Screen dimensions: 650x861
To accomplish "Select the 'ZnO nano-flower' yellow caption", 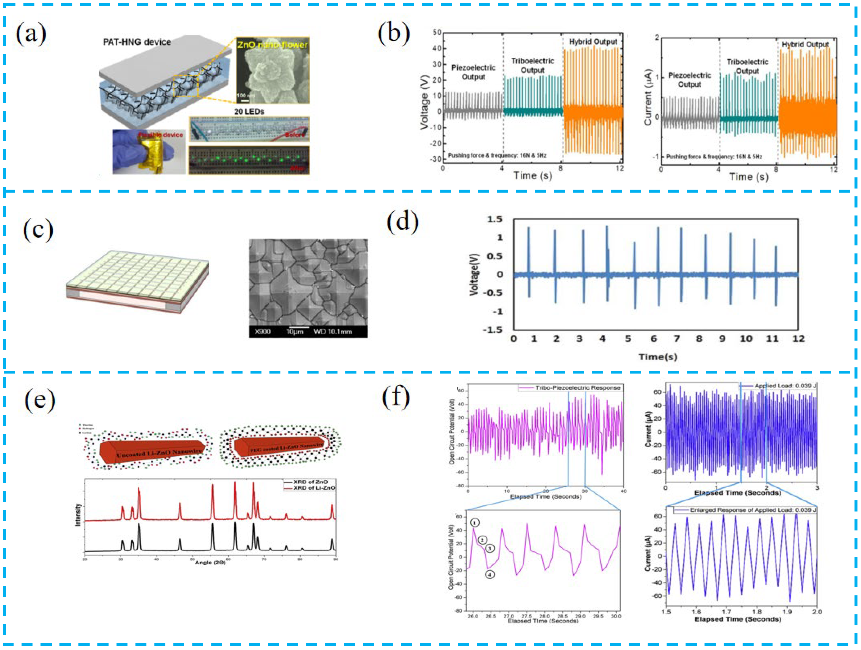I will point(273,45).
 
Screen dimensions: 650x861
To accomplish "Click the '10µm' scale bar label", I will point(295,331).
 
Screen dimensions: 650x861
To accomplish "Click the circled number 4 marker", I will point(490,574).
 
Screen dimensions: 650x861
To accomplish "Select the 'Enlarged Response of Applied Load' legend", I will point(752,510).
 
